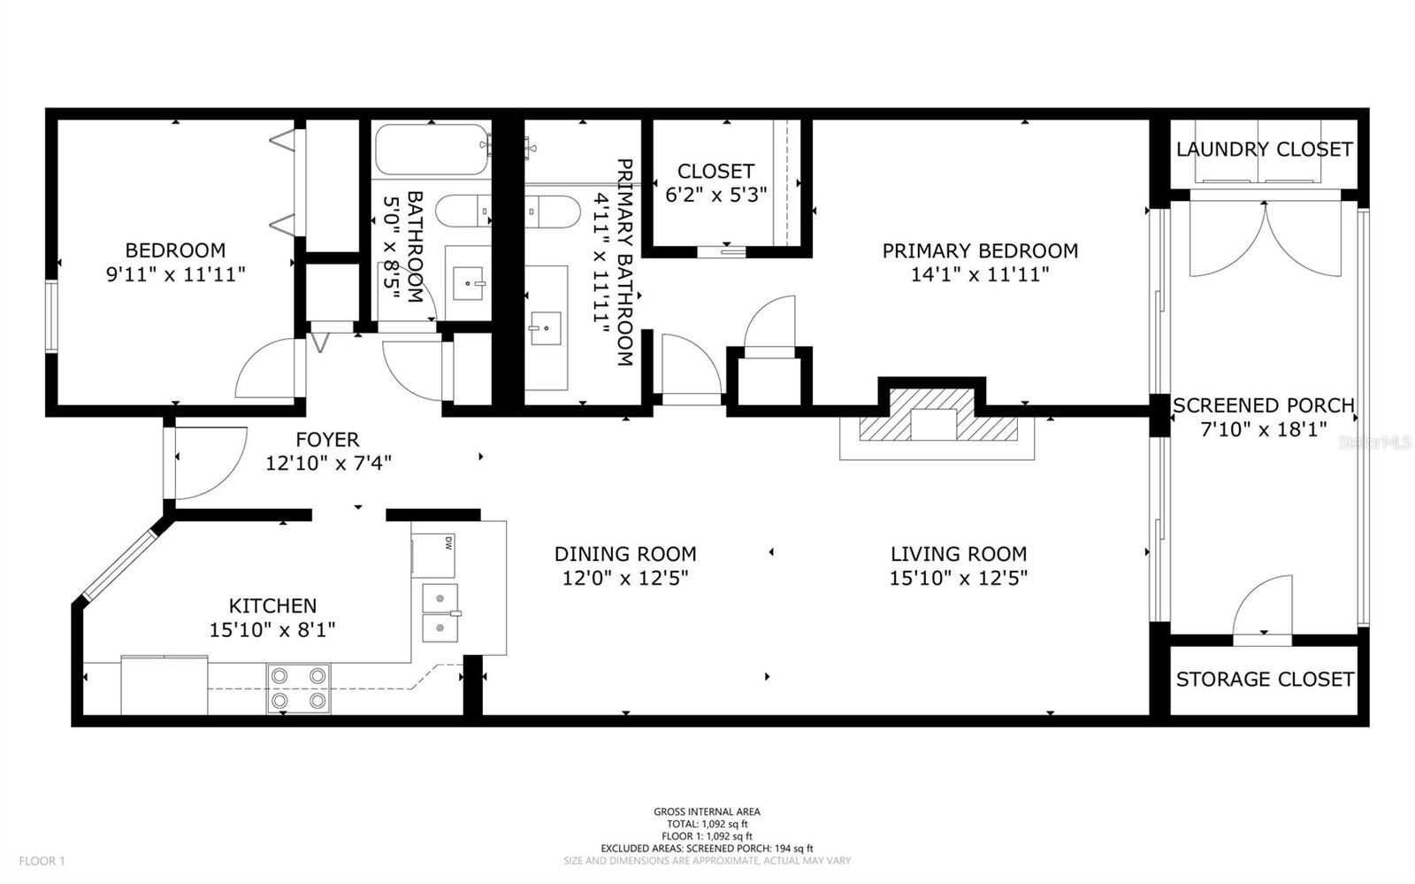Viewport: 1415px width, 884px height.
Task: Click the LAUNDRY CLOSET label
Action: coord(1264,150)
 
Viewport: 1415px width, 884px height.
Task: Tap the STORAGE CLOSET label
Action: coord(1264,680)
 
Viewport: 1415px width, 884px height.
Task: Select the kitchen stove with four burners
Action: coord(298,688)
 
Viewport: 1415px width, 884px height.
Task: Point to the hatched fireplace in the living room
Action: coord(937,427)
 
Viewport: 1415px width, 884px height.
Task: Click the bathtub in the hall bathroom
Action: coord(431,150)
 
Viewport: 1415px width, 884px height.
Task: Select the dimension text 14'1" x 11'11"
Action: coord(980,274)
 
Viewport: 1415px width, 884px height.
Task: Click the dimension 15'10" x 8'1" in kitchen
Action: coord(272,630)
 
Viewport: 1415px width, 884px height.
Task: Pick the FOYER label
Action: coord(327,440)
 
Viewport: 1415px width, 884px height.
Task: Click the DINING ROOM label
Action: coord(625,554)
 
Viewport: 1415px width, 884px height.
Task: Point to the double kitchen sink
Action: coord(440,612)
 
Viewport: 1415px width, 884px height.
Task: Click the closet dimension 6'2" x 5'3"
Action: coord(715,194)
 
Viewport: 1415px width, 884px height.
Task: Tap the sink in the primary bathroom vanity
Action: coord(545,327)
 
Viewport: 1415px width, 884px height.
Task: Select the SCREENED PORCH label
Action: coord(1263,406)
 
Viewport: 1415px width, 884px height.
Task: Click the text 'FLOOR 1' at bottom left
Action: coord(42,860)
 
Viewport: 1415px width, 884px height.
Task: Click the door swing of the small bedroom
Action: coord(267,370)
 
